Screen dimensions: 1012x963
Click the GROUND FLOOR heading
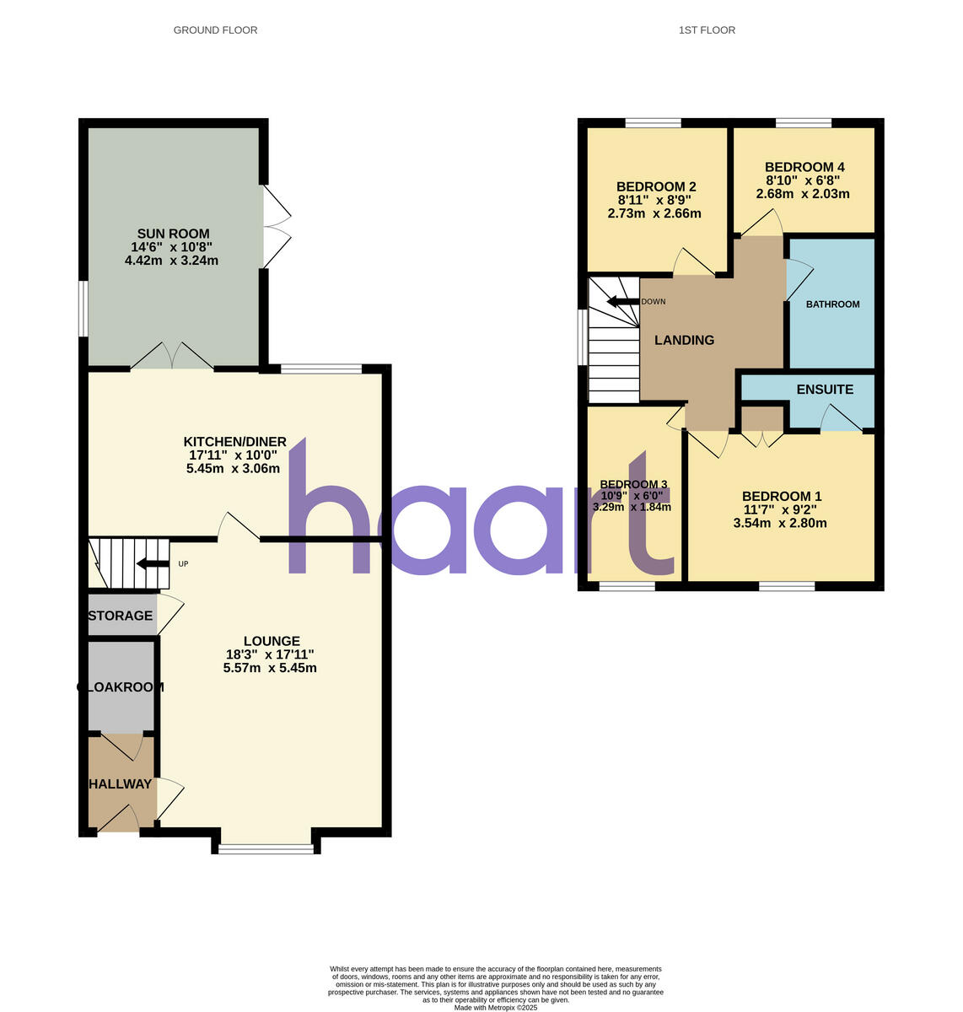(215, 30)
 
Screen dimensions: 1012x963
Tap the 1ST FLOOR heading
(707, 30)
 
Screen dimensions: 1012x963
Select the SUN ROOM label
(173, 234)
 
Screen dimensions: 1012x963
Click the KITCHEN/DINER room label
(235, 442)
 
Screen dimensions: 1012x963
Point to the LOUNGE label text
(272, 641)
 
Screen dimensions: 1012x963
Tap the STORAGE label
(121, 616)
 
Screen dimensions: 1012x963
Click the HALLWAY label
(121, 784)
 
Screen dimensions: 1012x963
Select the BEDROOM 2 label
(656, 186)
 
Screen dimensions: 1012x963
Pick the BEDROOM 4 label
(804, 167)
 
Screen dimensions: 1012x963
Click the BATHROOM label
(832, 304)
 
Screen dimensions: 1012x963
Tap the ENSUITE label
(825, 390)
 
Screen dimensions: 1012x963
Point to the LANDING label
(685, 340)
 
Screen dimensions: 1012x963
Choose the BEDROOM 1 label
(782, 497)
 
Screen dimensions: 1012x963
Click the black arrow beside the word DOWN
(622, 302)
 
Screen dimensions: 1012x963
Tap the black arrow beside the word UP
(153, 563)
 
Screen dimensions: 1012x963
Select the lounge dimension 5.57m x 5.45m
(270, 668)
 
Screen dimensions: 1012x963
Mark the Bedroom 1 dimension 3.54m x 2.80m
(780, 523)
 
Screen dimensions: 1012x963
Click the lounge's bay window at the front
(266, 849)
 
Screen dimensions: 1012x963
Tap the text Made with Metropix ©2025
(496, 1007)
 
